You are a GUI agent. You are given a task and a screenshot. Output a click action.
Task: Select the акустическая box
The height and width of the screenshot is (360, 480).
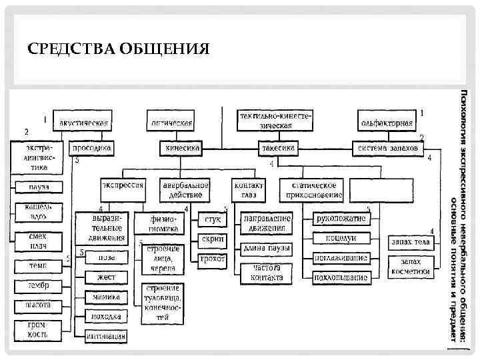(83, 122)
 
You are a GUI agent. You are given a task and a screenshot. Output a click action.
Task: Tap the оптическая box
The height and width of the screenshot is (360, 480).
(171, 122)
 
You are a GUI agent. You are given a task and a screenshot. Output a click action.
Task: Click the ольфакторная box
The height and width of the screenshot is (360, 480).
(387, 122)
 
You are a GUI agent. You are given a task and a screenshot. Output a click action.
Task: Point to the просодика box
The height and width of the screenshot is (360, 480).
(92, 148)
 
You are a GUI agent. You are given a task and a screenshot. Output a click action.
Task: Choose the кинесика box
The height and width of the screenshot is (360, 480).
(181, 148)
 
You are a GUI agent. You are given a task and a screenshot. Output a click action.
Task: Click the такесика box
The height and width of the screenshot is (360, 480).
(278, 148)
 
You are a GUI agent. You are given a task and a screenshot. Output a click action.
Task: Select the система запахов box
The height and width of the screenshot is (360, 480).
(388, 148)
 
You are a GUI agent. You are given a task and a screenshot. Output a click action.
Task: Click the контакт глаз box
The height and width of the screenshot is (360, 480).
(249, 190)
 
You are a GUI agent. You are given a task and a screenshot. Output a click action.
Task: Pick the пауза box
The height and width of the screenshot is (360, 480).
(38, 187)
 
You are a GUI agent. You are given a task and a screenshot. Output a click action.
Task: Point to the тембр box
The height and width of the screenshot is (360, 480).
(38, 286)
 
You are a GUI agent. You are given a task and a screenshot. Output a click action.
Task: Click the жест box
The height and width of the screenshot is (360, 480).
(106, 276)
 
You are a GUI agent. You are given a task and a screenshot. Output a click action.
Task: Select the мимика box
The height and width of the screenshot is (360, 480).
(106, 297)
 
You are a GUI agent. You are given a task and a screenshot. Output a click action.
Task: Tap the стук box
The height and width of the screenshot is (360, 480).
(212, 219)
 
